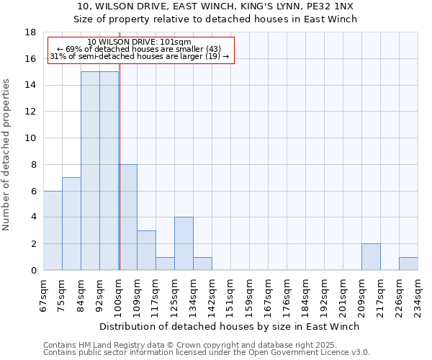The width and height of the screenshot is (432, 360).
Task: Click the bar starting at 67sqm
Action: coord(53,230)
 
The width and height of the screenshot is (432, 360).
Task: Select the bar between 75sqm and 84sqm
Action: coord(71,224)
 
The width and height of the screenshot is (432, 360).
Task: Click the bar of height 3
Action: coord(146,250)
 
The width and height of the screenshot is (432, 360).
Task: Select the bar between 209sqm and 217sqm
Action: coord(371,257)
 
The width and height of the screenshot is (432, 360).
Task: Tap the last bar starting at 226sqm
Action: coord(408,264)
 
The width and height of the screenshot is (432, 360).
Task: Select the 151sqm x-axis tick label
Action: coord(230,294)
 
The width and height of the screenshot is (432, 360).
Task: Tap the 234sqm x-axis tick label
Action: coord(418,294)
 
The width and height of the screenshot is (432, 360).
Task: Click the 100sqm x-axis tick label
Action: coord(118,294)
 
